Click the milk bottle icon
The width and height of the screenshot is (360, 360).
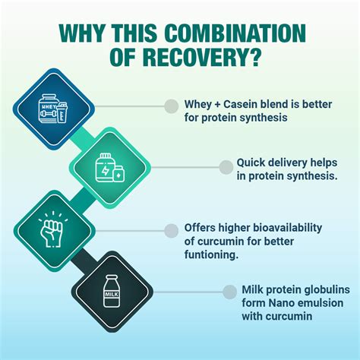point(110,290)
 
